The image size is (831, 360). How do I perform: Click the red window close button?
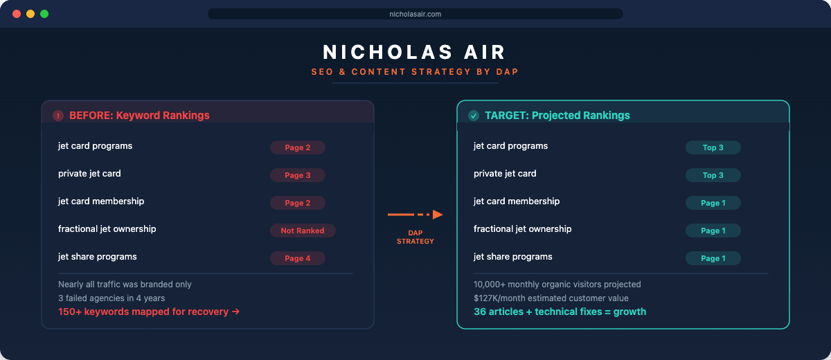click(x=17, y=14)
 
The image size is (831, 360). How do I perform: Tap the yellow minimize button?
click(x=30, y=14)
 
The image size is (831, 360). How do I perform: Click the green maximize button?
click(x=44, y=14)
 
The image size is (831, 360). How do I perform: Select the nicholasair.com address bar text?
click(x=415, y=14)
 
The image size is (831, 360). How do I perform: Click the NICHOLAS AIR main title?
click(x=414, y=52)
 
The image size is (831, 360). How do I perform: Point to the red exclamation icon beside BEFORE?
click(x=58, y=116)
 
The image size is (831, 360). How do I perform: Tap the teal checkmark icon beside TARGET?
click(x=474, y=116)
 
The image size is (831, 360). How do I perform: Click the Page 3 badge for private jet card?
click(x=298, y=175)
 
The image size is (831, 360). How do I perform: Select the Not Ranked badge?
click(x=303, y=231)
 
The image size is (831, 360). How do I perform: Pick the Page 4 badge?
click(x=298, y=258)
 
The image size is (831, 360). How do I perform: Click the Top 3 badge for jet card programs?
click(x=713, y=147)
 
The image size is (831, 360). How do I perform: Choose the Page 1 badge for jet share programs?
click(x=713, y=258)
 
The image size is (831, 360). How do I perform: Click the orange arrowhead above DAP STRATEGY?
click(x=438, y=215)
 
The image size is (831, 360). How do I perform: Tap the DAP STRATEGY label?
click(x=415, y=237)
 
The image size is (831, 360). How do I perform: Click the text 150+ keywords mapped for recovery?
click(x=143, y=312)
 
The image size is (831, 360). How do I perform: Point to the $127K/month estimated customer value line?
click(x=551, y=298)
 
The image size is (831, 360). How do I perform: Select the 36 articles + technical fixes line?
click(x=560, y=312)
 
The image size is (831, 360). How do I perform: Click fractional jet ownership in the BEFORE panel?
click(x=107, y=229)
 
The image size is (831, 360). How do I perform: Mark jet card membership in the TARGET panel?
click(x=517, y=201)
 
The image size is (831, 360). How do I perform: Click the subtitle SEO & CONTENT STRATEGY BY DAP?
click(x=415, y=72)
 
